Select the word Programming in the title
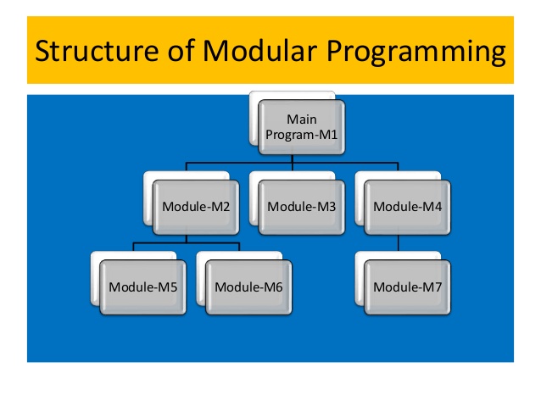click(416, 52)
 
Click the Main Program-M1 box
click(302, 127)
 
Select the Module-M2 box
click(196, 206)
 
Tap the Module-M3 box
click(302, 206)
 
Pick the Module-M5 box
click(142, 286)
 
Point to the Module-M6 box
click(248, 286)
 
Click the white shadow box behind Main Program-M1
click(254, 119)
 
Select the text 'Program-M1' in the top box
click(302, 134)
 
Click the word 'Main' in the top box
click(302, 120)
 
